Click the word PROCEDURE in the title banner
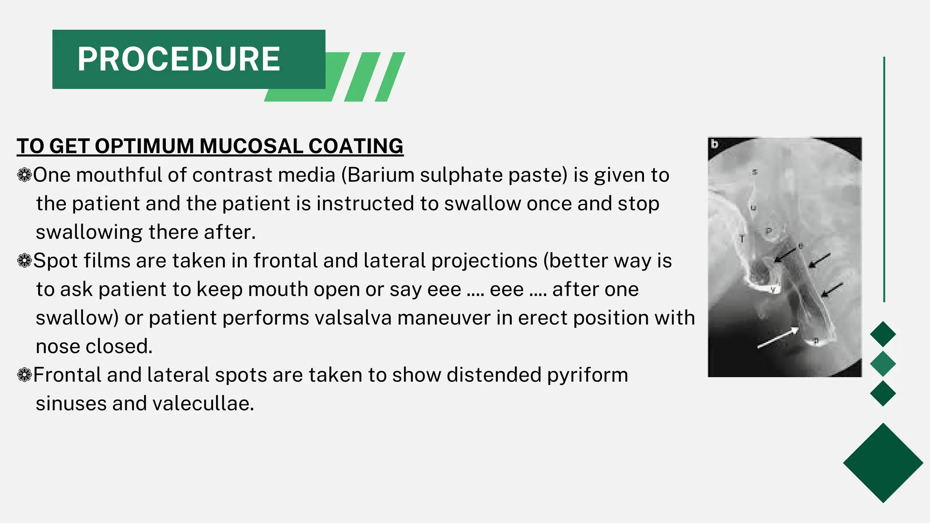click(179, 59)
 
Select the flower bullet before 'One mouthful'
click(24, 175)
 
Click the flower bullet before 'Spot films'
click(24, 261)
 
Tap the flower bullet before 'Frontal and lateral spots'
click(24, 375)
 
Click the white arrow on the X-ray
click(777, 339)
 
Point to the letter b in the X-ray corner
click(715, 144)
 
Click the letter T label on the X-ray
click(742, 238)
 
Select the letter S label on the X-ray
click(755, 172)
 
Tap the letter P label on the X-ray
click(769, 231)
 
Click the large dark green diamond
click(883, 463)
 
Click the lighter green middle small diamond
click(883, 364)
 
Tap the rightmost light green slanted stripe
click(390, 77)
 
